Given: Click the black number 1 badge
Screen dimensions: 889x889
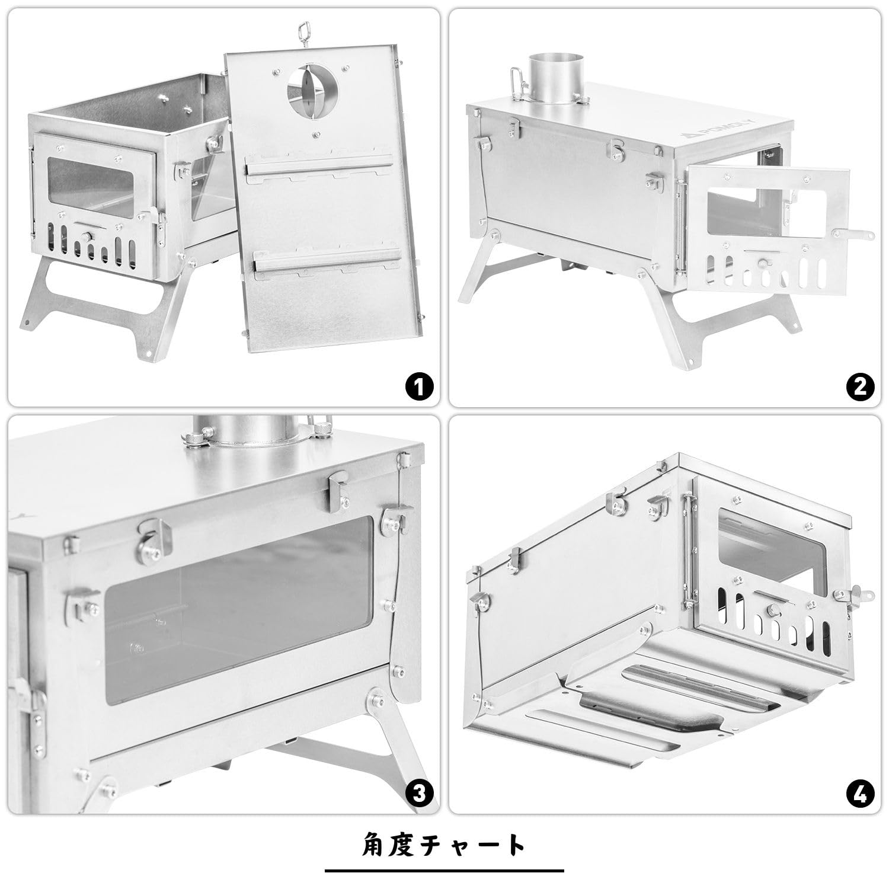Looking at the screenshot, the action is point(419,388).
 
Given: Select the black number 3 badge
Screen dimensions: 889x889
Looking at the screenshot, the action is point(419,794).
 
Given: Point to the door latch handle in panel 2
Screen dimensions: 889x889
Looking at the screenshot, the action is point(852,236).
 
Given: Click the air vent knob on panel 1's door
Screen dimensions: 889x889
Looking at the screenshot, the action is point(88,237).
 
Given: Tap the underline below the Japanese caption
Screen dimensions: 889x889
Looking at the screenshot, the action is point(444,871).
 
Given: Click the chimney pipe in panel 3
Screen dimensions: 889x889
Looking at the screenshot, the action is point(250,428).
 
